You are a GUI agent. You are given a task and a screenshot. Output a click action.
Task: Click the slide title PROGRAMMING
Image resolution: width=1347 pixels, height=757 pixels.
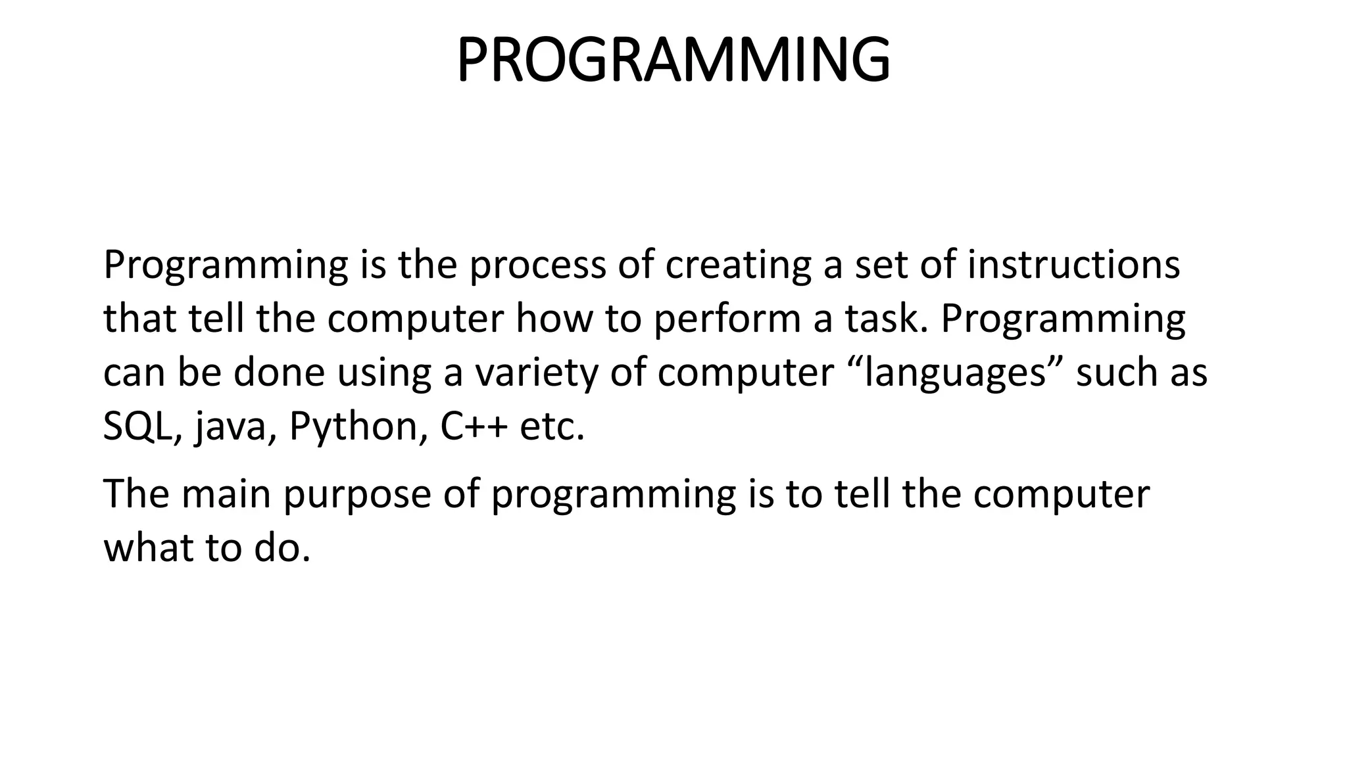point(673,60)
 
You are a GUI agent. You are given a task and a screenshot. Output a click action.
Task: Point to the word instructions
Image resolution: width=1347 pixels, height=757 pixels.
point(1073,265)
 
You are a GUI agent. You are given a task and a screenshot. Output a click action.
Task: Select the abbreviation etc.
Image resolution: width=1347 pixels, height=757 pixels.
point(551,427)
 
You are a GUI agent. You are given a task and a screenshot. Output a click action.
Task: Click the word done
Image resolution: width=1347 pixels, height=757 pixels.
point(279,373)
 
